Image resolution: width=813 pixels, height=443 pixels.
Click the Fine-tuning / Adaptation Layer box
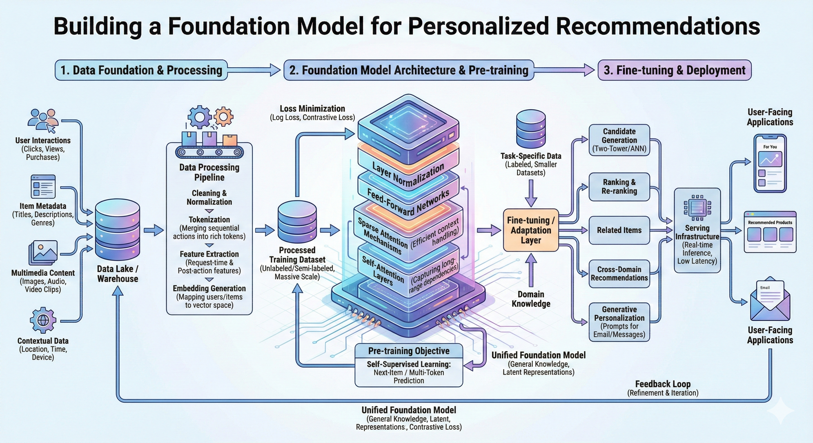[x=531, y=230]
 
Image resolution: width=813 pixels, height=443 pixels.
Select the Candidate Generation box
[x=619, y=140]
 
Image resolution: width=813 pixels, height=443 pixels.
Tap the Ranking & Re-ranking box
[x=619, y=187]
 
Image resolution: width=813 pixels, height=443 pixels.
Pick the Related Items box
[x=619, y=230]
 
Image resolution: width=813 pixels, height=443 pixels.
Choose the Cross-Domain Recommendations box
[x=619, y=274]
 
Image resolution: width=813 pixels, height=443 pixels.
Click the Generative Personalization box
[x=619, y=322]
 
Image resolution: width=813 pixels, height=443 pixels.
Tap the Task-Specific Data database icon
[x=531, y=129]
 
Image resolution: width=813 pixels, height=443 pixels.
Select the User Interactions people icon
[x=43, y=121]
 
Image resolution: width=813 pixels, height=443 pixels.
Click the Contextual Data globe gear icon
[x=43, y=320]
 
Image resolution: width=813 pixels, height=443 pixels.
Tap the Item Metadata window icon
[x=43, y=187]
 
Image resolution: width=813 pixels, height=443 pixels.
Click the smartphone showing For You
[x=770, y=163]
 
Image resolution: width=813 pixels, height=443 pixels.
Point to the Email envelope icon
[x=770, y=300]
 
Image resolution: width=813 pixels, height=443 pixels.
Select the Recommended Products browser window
[x=770, y=232]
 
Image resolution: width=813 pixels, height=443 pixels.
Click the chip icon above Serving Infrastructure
[x=697, y=208]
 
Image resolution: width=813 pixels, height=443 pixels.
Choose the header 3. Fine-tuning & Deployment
[x=674, y=70]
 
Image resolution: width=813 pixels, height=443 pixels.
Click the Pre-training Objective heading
[x=409, y=351]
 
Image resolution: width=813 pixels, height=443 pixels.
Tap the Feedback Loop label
[x=663, y=384]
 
